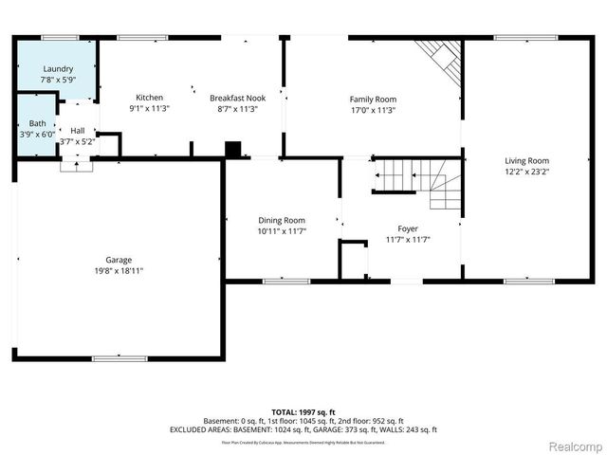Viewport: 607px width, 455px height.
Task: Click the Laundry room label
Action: [58, 69]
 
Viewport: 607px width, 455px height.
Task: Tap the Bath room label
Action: [37, 123]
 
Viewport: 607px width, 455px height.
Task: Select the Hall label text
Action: [78, 131]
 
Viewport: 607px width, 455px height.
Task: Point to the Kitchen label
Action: [149, 98]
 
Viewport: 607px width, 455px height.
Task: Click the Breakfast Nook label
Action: [237, 98]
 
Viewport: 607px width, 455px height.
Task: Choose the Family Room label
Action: [373, 99]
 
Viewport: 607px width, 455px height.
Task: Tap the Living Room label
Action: [526, 161]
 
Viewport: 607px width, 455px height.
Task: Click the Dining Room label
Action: [282, 220]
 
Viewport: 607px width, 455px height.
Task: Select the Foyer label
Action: [408, 228]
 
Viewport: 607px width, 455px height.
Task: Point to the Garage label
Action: [119, 260]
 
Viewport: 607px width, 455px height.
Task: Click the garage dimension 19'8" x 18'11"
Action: [119, 271]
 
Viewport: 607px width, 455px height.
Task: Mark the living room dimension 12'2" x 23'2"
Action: [526, 173]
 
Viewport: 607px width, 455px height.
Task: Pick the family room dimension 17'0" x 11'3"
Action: [373, 110]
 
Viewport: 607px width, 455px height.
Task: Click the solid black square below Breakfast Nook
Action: [232, 149]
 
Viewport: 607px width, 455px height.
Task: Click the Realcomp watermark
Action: [570, 446]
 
